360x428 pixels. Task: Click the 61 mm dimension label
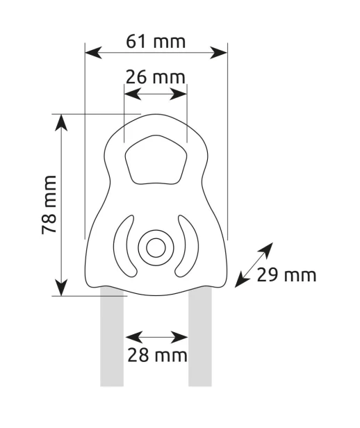pyautogui.click(x=156, y=42)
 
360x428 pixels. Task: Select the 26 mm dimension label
pyautogui.click(x=155, y=77)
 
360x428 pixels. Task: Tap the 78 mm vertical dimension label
pyautogui.click(x=49, y=205)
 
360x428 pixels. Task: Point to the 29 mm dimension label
pyautogui.click(x=286, y=275)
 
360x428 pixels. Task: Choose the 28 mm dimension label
pyautogui.click(x=157, y=355)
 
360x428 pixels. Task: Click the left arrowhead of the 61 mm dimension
pyautogui.click(x=93, y=53)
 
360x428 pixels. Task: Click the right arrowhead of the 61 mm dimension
pyautogui.click(x=219, y=53)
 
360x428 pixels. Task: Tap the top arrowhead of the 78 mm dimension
pyautogui.click(x=61, y=123)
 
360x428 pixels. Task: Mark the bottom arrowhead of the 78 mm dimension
pyautogui.click(x=61, y=287)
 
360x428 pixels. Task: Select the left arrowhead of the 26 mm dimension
pyautogui.click(x=133, y=94)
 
